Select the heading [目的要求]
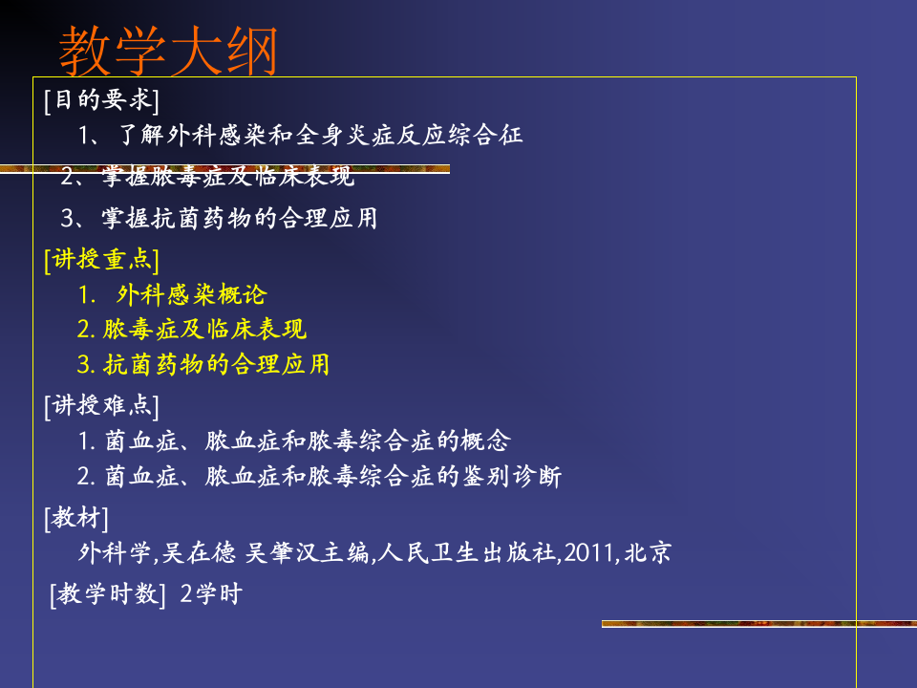pos(101,99)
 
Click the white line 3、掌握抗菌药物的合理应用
pos(220,219)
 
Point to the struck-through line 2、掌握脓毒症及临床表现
pos(208,177)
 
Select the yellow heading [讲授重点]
pos(101,260)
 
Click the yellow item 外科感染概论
pos(191,294)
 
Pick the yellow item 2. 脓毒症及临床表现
pos(192,330)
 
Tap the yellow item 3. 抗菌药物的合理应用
pos(203,365)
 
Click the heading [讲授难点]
pos(101,406)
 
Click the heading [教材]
pos(76,519)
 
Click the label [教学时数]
pos(108,594)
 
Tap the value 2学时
pos(211,594)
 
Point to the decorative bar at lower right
pos(758,624)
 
